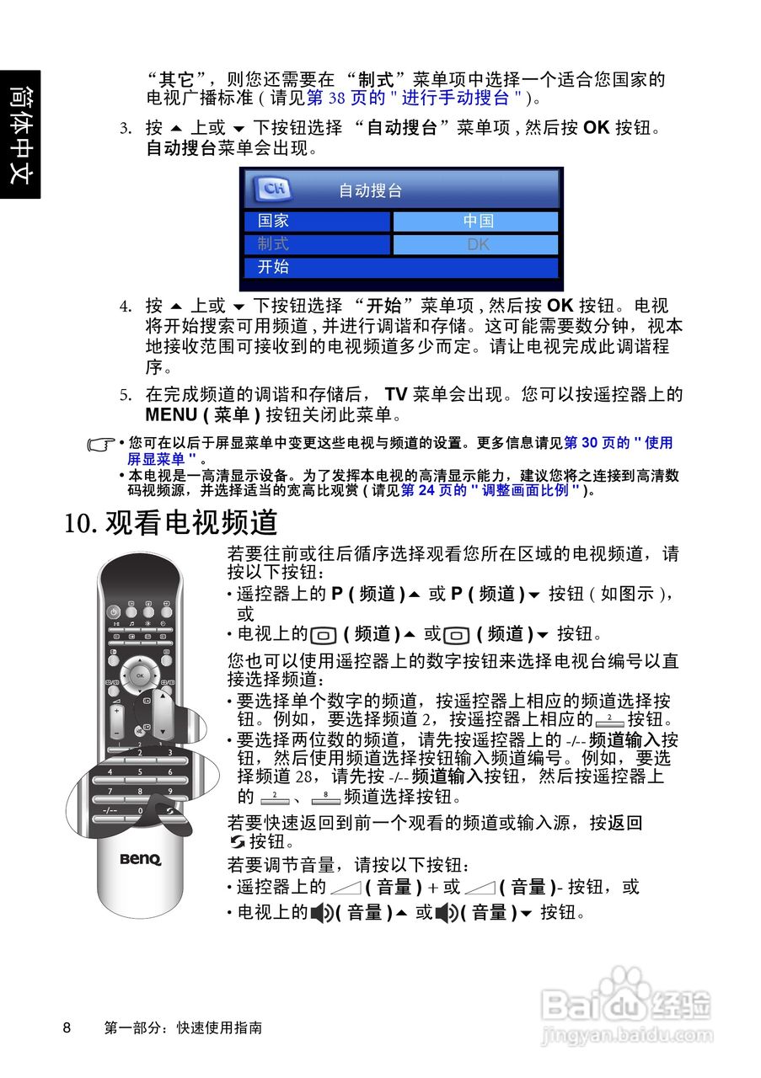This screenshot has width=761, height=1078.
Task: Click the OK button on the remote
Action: [x=141, y=675]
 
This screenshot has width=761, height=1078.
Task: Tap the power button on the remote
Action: [x=113, y=611]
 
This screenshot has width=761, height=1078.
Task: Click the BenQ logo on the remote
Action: [x=139, y=860]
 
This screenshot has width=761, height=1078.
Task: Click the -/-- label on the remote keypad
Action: [x=110, y=810]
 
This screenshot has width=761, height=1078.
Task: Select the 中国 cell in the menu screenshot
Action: [x=476, y=221]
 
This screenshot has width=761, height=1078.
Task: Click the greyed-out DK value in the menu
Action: [x=476, y=245]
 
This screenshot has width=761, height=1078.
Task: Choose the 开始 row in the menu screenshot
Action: [x=401, y=268]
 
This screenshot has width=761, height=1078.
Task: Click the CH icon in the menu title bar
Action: [x=272, y=189]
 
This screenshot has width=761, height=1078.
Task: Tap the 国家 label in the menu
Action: [x=274, y=221]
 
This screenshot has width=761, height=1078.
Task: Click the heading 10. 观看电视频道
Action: [x=171, y=522]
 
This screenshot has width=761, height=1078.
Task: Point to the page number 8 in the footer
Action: [x=67, y=1028]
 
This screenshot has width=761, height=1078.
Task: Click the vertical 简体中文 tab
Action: [x=19, y=134]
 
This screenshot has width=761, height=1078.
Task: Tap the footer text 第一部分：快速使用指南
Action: [x=182, y=1028]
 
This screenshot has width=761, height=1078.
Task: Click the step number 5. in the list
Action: [x=125, y=395]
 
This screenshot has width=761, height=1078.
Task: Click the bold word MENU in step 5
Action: [x=170, y=415]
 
